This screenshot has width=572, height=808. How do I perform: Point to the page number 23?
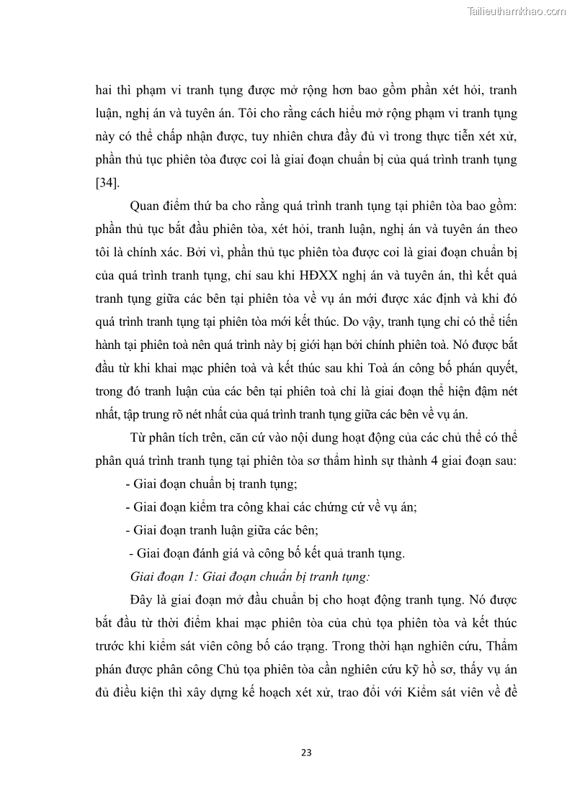point(305,753)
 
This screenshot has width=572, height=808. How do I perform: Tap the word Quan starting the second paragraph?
point(144,206)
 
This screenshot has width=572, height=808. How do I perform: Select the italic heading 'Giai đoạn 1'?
point(164,576)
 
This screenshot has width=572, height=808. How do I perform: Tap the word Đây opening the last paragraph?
point(143,599)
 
